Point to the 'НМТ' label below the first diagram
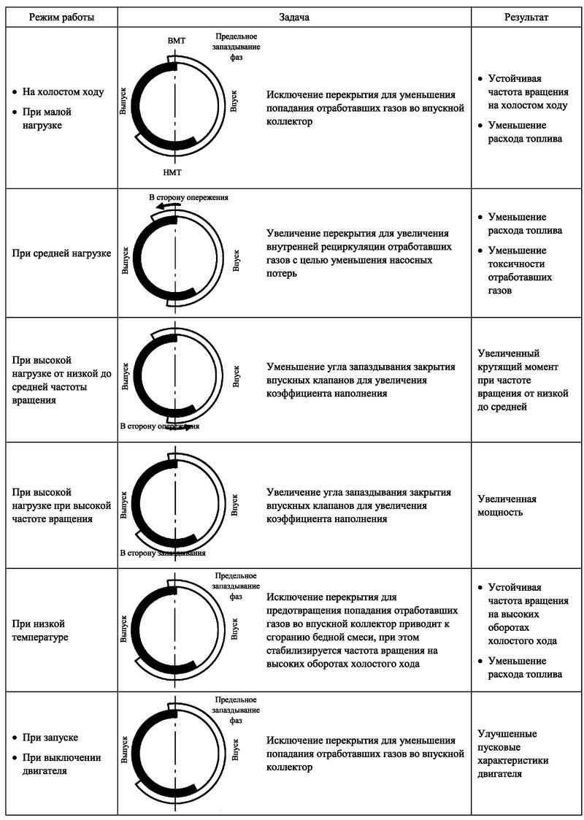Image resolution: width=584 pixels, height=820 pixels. tap(174, 172)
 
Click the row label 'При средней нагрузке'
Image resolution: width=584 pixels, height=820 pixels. tap(61, 254)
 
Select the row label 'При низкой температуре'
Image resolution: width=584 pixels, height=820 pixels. tap(45, 631)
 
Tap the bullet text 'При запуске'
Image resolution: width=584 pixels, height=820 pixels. tap(50, 737)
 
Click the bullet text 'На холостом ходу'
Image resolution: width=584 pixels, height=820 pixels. tap(64, 93)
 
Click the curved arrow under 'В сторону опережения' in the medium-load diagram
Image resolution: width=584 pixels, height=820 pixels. tap(166, 208)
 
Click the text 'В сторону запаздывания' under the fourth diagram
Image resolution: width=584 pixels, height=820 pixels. tap(163, 553)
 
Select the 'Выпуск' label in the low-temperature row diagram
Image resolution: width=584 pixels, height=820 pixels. tap(123, 629)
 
